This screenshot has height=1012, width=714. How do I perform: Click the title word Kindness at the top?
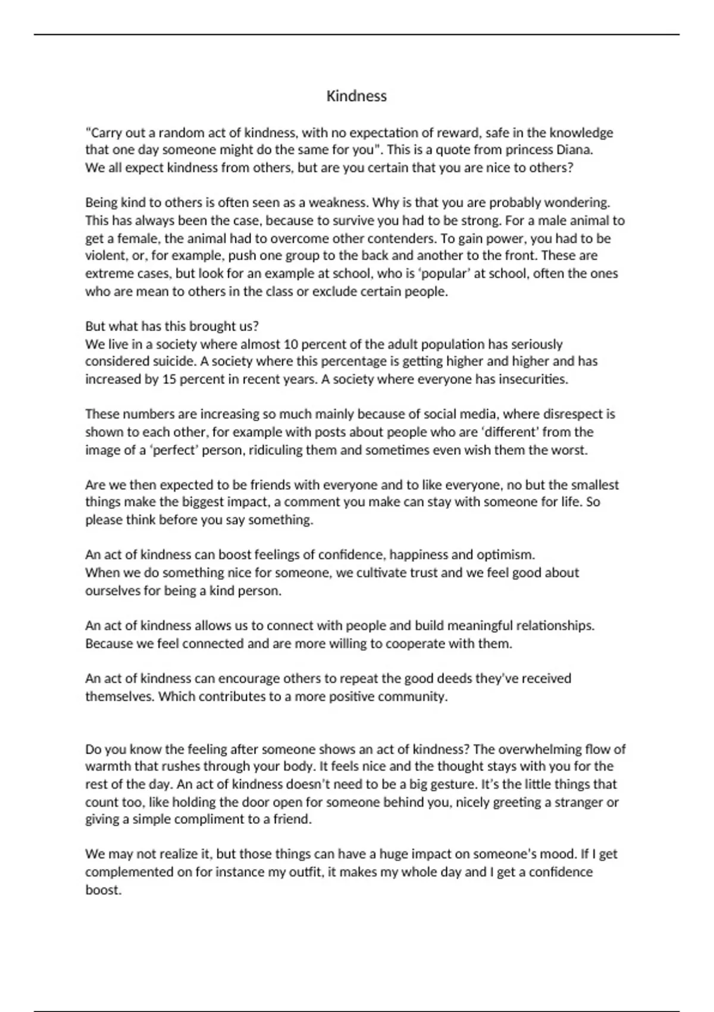[x=356, y=96]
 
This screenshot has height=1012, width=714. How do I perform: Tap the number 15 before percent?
[x=170, y=379]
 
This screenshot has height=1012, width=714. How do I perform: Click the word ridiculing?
[x=275, y=449]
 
